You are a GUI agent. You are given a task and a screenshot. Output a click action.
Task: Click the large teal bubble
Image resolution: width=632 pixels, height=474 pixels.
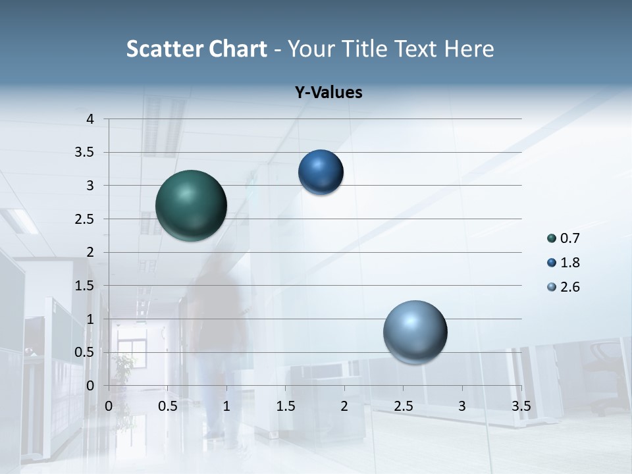pyautogui.click(x=191, y=205)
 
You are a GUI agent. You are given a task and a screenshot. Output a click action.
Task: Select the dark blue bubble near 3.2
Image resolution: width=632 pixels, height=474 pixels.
pyautogui.click(x=321, y=172)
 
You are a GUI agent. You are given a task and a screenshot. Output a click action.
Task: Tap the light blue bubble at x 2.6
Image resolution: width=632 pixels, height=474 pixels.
pyautogui.click(x=415, y=332)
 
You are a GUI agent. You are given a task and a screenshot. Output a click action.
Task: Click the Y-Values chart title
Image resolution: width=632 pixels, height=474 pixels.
pyautogui.click(x=329, y=93)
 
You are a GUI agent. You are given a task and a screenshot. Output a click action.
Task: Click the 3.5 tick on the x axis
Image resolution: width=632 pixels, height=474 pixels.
pyautogui.click(x=521, y=406)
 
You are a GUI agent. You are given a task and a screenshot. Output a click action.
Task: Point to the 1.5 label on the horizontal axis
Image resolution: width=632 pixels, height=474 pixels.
pyautogui.click(x=285, y=406)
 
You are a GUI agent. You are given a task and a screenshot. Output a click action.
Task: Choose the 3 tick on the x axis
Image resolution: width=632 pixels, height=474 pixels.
pyautogui.click(x=462, y=406)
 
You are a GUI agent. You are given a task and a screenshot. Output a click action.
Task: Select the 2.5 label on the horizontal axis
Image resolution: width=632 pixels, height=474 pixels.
pyautogui.click(x=403, y=406)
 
